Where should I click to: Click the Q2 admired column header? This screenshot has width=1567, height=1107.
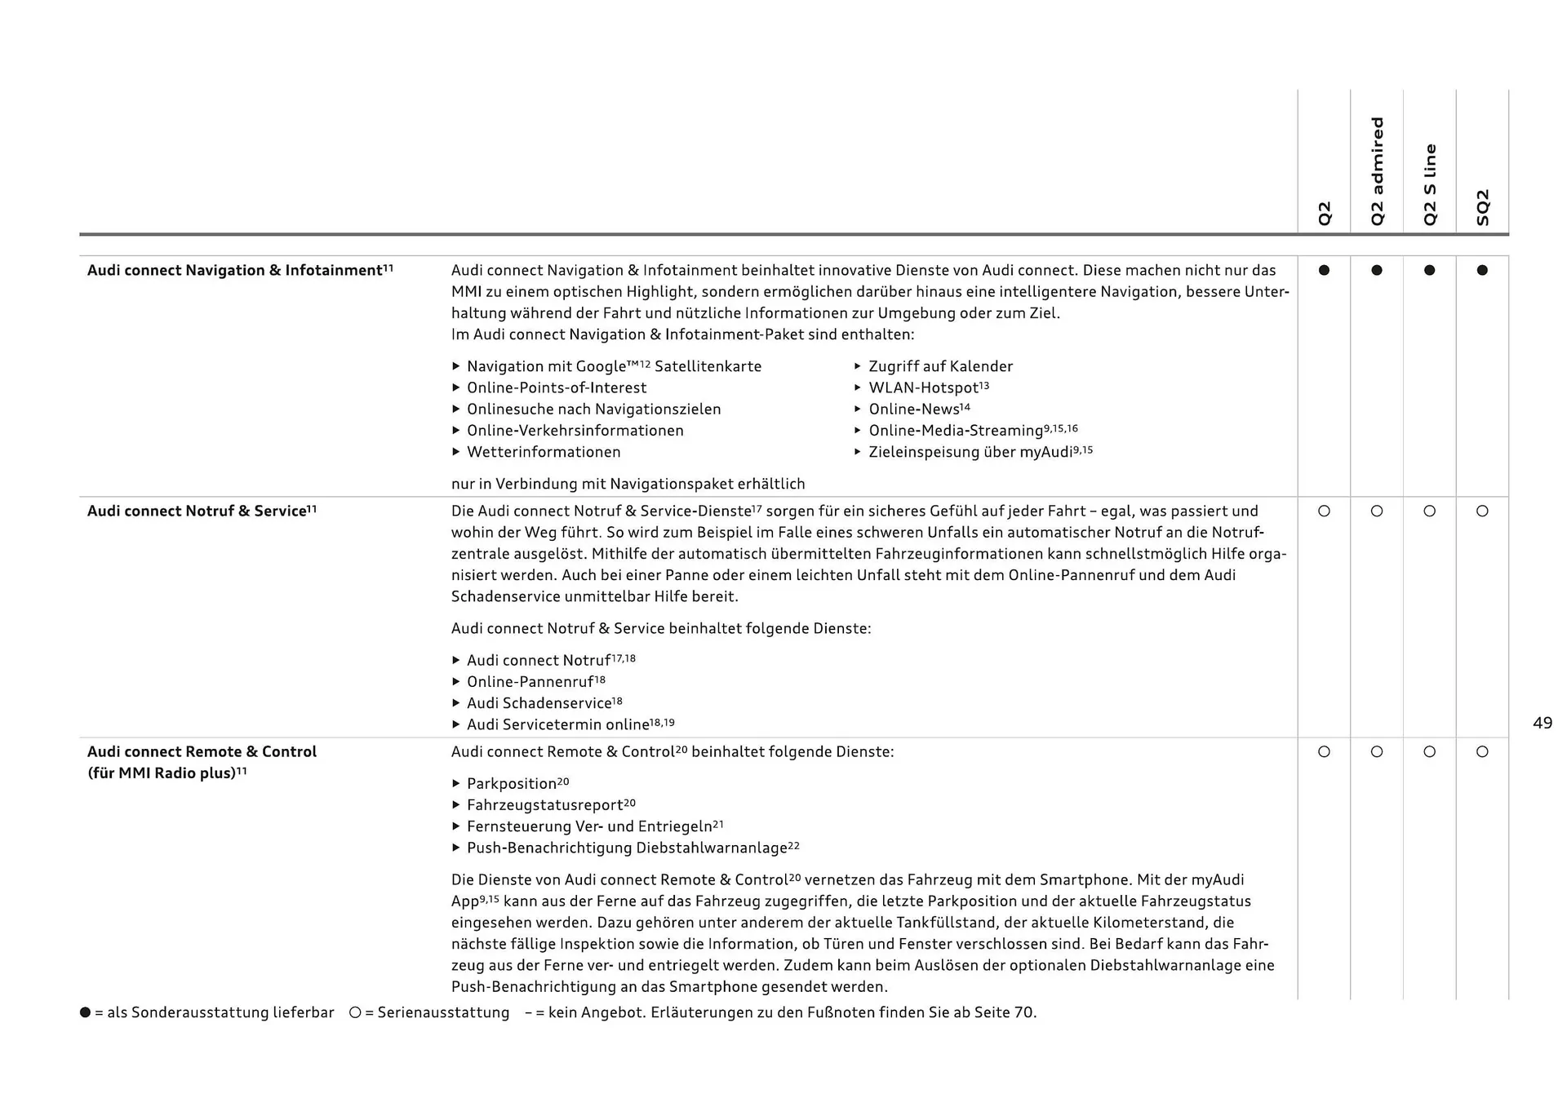(1378, 171)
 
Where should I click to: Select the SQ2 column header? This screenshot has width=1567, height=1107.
(1483, 207)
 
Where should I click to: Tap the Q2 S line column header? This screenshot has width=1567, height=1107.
(1430, 185)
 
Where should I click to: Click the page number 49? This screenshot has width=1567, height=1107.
(1543, 723)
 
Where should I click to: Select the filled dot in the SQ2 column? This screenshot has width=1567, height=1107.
(1482, 270)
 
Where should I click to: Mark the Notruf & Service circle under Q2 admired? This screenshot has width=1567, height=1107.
(1377, 511)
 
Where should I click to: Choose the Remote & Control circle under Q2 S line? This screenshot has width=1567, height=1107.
(1429, 752)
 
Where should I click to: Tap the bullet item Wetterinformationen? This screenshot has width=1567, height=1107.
(544, 452)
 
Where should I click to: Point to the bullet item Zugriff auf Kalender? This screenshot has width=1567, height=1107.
(940, 366)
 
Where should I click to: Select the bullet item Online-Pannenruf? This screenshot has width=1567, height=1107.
(535, 682)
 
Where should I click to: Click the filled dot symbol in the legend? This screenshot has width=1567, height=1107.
(85, 1012)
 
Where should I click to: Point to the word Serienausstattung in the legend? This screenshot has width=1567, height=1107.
(443, 1012)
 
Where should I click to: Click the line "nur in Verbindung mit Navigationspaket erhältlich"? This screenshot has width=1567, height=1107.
(628, 484)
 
